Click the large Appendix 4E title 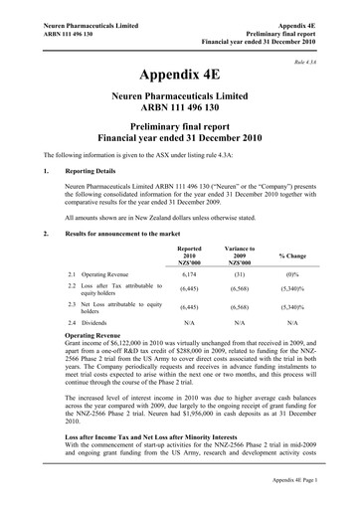point(179,76)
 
